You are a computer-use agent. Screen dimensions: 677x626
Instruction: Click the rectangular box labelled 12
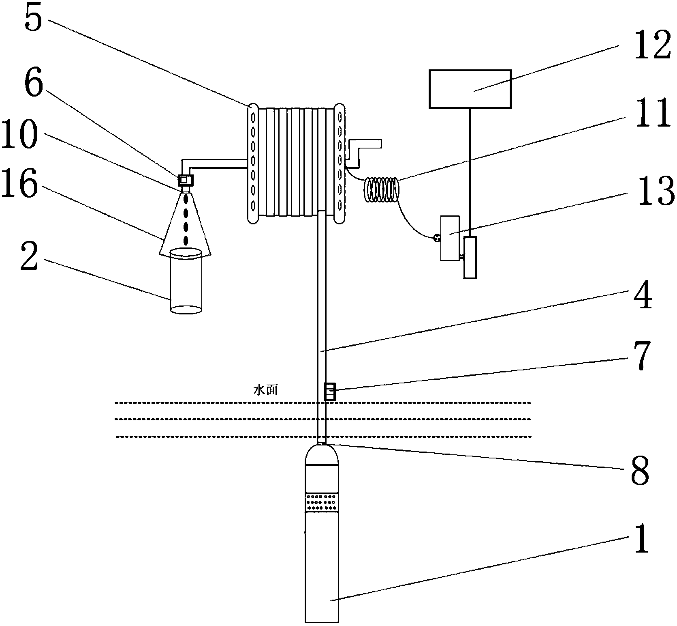coord(470,89)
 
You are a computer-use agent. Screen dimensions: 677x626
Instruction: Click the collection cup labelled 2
coord(186,280)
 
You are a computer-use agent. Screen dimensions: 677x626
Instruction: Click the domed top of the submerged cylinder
coord(322,455)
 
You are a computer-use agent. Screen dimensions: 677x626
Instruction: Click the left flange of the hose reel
coord(253,163)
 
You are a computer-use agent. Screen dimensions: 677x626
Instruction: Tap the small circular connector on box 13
coord(437,238)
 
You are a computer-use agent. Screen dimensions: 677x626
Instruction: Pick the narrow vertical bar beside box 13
coord(470,258)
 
